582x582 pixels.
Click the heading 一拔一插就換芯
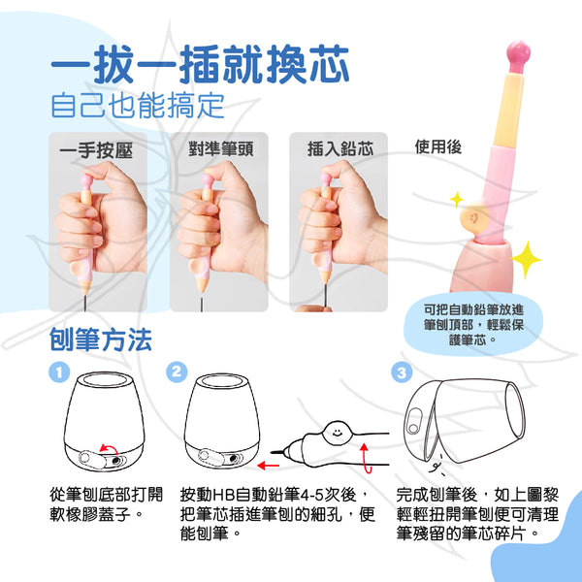200,65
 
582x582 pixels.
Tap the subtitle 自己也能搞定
138,106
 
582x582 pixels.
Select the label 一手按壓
96,150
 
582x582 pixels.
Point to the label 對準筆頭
221,148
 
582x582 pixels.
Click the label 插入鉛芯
340,148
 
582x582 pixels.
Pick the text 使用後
438,146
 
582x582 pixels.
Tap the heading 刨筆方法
101,339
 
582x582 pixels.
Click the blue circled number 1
59,372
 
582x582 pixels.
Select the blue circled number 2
177,372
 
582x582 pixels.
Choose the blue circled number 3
402,372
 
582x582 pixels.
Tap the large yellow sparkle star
526,259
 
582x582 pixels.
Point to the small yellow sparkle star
457,199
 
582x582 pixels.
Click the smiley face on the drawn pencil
337,433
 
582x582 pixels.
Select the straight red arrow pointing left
268,465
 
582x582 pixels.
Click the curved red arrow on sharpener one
109,448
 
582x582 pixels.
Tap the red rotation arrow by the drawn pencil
366,459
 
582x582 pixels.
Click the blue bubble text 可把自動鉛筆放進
473,309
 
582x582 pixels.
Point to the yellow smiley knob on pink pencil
474,217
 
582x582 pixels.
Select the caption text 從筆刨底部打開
106,495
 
